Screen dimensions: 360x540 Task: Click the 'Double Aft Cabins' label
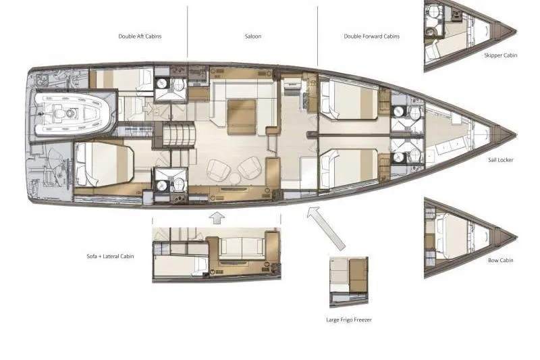tap(140, 36)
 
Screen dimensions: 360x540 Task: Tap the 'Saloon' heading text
tap(253, 36)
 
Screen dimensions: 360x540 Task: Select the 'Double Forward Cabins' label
tap(371, 36)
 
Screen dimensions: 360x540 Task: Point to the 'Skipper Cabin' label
tap(501, 55)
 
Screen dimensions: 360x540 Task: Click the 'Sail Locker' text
tap(502, 160)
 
